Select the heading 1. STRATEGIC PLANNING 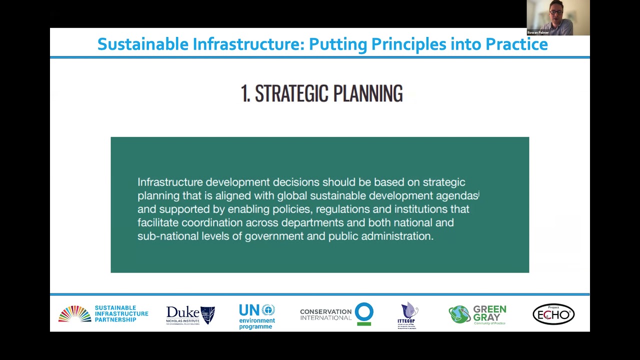[x=321, y=93]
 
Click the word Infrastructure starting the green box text [x=170, y=182]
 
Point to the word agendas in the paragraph [x=456, y=195]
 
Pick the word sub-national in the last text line [x=168, y=236]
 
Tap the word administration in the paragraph [x=396, y=236]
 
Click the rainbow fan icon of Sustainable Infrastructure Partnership [x=74, y=314]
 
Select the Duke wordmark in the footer [x=182, y=313]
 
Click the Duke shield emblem [x=207, y=315]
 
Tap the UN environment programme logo [x=257, y=316]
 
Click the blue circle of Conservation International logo [x=364, y=312]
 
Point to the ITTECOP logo [x=409, y=315]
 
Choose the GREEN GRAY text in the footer [x=489, y=313]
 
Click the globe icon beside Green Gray [x=458, y=314]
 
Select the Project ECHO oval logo [x=553, y=314]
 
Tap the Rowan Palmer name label [x=538, y=32]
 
